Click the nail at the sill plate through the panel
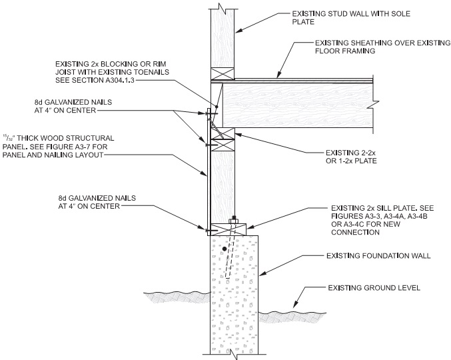(205, 230)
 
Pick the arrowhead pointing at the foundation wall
(260, 272)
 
